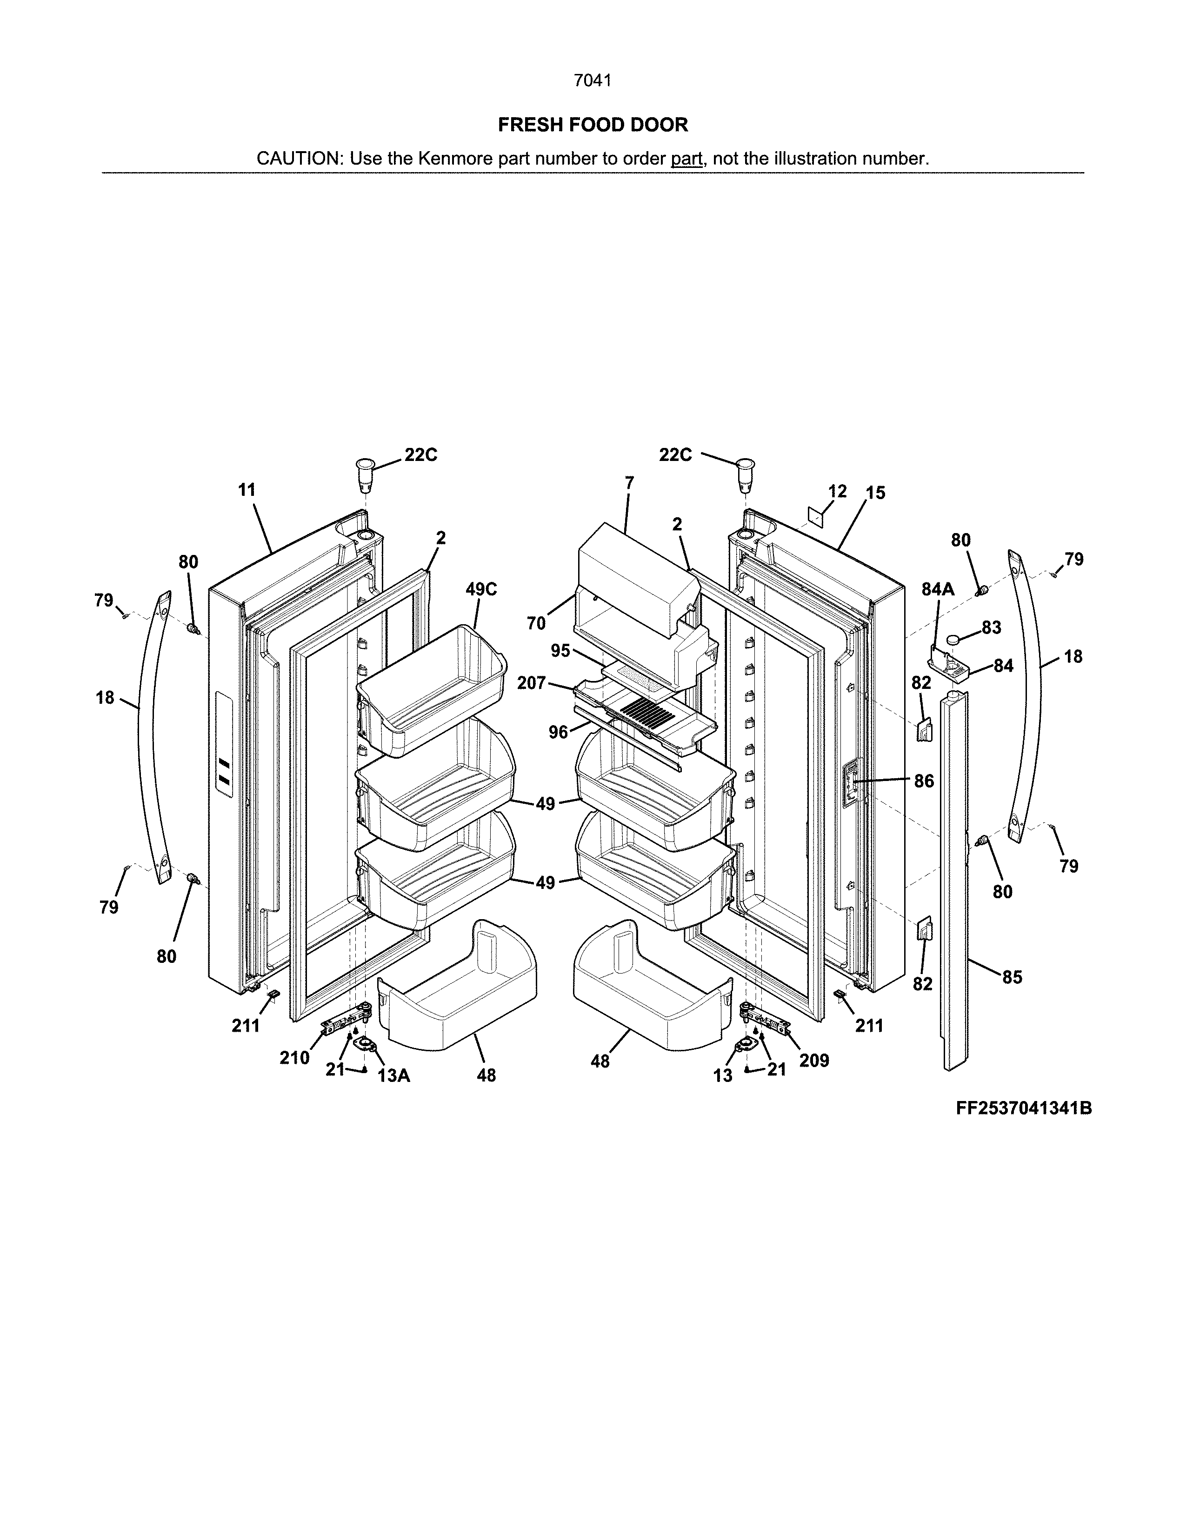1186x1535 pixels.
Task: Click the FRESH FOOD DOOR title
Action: point(593,125)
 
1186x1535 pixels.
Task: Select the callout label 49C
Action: point(481,590)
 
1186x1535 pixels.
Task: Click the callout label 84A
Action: point(938,590)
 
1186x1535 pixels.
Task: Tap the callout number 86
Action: point(924,781)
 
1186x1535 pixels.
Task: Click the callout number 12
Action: point(838,491)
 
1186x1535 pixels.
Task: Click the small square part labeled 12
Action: point(814,517)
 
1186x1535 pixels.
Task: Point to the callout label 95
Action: point(561,651)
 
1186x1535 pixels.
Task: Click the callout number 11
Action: point(247,490)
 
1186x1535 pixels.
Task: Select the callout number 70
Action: point(536,623)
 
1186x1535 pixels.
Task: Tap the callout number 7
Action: point(630,483)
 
